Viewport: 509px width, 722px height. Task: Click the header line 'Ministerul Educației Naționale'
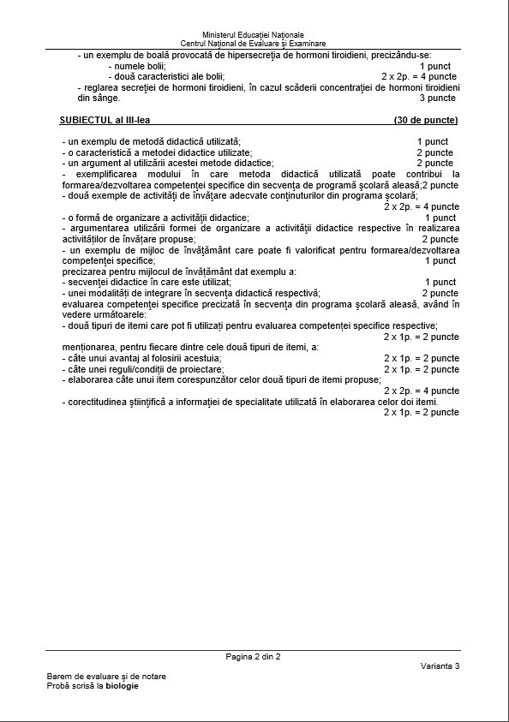[x=253, y=34]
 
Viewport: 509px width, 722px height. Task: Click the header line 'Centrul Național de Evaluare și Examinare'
[x=253, y=44]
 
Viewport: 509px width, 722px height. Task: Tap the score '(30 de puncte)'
[x=426, y=121]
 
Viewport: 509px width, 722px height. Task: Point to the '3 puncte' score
[x=437, y=98]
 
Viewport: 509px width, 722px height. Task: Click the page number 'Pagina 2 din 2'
[x=253, y=657]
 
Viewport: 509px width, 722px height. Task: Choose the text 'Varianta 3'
[x=440, y=666]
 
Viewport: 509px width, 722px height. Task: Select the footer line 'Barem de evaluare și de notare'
[x=106, y=676]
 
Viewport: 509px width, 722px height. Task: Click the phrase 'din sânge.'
[x=99, y=98]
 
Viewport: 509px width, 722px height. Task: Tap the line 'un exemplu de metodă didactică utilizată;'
[x=152, y=141]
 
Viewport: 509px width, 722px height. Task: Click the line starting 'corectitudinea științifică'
[x=250, y=402]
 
